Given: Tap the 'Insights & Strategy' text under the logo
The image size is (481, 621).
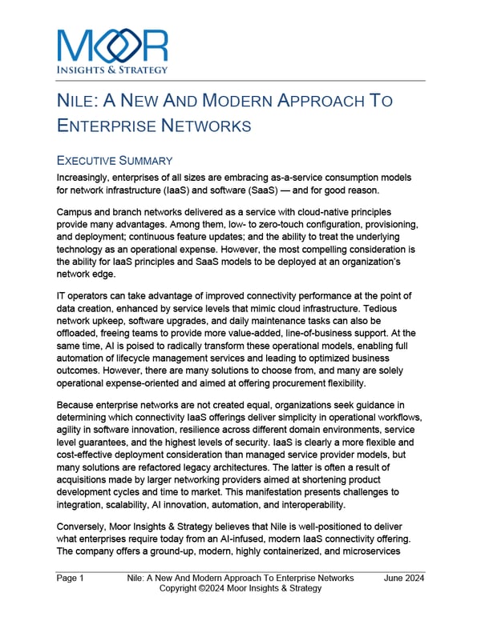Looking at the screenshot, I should click(x=112, y=70).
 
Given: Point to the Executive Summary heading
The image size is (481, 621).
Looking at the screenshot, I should click(x=115, y=160).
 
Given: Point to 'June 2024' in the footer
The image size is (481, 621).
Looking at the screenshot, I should click(x=404, y=578).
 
